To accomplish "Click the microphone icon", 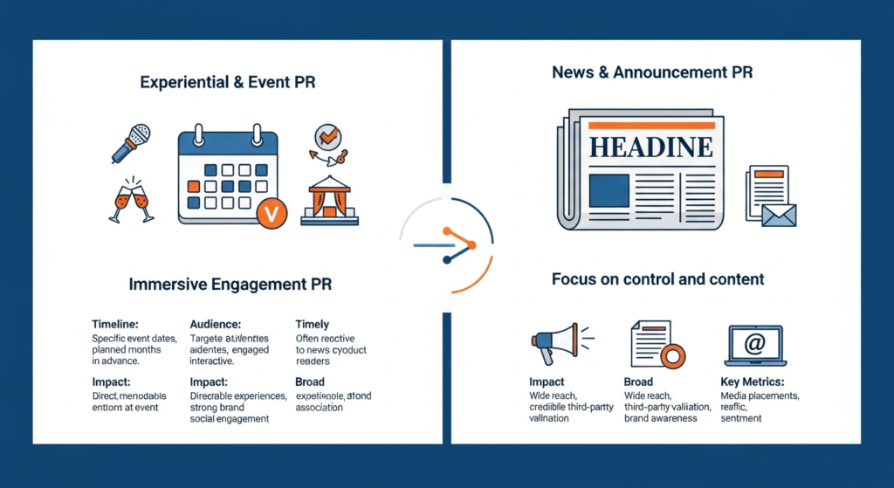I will [x=130, y=143].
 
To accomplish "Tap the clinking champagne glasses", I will [x=130, y=200].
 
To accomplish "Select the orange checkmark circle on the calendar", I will [x=272, y=212].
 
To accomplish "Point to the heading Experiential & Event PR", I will [x=228, y=83].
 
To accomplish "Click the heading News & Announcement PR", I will [x=652, y=72].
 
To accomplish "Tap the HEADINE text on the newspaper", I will [x=650, y=146].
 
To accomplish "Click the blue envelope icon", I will [x=779, y=215].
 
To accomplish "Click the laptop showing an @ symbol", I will [x=755, y=345].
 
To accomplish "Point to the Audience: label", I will [x=216, y=325].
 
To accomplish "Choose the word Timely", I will [x=313, y=325].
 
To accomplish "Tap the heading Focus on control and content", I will [x=657, y=279].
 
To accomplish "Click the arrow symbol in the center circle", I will [x=446, y=244].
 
